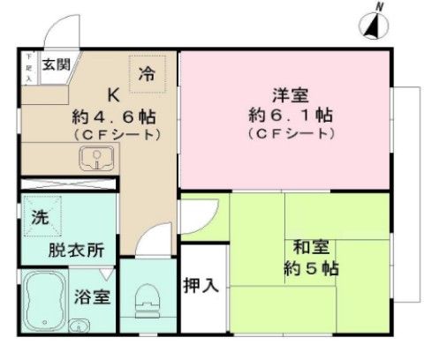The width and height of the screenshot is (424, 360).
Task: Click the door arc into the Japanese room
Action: pos(204,212)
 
